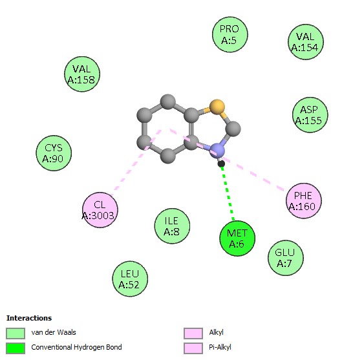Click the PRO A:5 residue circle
point(230,35)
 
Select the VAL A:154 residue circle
point(306,42)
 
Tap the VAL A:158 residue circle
point(82,74)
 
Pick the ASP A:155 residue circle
point(310,115)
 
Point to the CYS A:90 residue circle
point(54,153)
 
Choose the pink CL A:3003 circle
point(100,210)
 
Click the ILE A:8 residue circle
point(172,226)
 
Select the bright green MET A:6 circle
point(237,238)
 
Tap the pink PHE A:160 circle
point(304,201)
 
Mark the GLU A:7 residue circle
point(286,258)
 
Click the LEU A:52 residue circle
point(130,279)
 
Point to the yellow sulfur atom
point(217,107)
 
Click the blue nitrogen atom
point(217,151)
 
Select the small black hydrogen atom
point(221,164)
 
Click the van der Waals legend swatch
point(16,334)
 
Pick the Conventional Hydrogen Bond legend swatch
point(16,348)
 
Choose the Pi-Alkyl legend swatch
point(193,348)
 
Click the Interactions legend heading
point(29,318)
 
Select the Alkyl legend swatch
point(193,334)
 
